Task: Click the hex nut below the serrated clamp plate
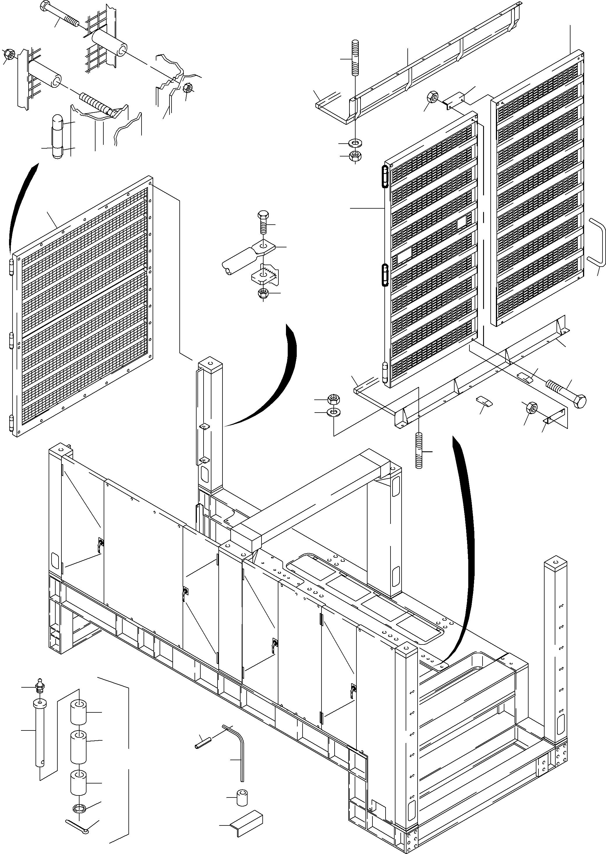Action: coord(264,293)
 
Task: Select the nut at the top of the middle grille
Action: coord(432,97)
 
